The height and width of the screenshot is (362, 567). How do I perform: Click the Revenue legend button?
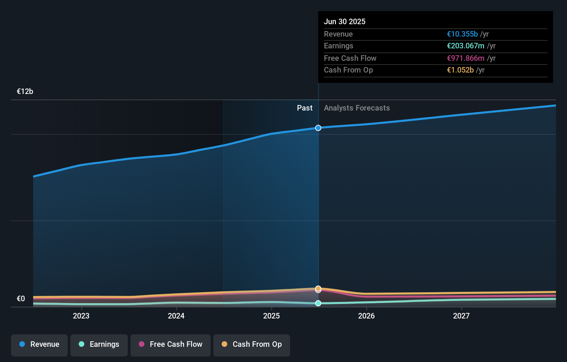tap(39, 344)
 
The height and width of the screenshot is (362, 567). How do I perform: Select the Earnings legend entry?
tap(99, 344)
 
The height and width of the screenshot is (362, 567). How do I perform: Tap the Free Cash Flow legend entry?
tap(171, 344)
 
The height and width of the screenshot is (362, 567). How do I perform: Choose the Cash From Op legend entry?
tap(252, 344)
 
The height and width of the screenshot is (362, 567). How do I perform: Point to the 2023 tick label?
tap(81, 316)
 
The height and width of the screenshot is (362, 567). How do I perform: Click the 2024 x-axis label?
tap(176, 316)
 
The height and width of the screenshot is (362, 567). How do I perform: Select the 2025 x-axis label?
tap(271, 316)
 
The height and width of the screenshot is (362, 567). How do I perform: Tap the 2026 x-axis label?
tap(366, 316)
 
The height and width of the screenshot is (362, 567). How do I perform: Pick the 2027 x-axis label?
tap(461, 316)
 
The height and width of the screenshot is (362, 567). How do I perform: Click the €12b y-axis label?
tap(25, 92)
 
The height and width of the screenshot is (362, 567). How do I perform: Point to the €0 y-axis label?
tap(21, 299)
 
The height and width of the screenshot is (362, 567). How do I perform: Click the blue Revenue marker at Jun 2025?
tap(318, 128)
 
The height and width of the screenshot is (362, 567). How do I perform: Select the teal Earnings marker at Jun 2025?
tap(318, 303)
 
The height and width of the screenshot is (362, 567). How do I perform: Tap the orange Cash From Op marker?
tap(318, 288)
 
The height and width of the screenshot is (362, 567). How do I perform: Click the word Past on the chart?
tap(305, 108)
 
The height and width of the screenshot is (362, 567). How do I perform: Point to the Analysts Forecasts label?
tap(357, 108)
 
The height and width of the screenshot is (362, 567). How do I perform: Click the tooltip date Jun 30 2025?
tap(344, 21)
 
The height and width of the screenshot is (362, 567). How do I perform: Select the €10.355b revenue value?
tap(462, 34)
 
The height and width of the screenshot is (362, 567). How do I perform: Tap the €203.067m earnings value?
tap(465, 46)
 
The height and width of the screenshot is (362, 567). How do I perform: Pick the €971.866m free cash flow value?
tap(465, 58)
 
